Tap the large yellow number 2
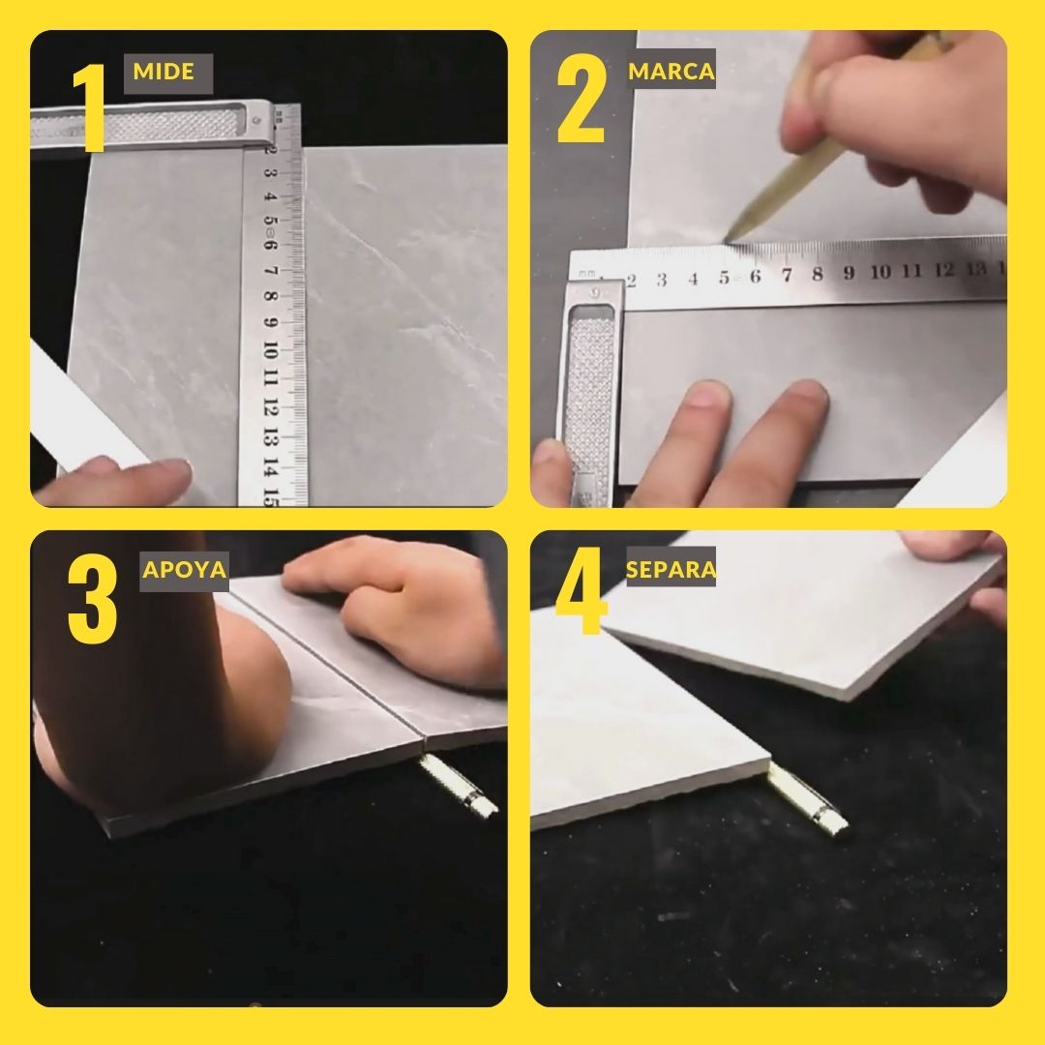pyautogui.click(x=582, y=99)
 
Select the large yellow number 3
pyautogui.click(x=93, y=598)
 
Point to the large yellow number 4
pyautogui.click(x=582, y=590)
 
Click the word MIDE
pyautogui.click(x=164, y=72)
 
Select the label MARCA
pyautogui.click(x=671, y=72)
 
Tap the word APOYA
pyautogui.click(x=184, y=570)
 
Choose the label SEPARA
pyautogui.click(x=671, y=569)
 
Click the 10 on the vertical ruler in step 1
pyautogui.click(x=269, y=349)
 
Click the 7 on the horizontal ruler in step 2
pyautogui.click(x=787, y=274)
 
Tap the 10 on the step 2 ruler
pyautogui.click(x=880, y=271)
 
